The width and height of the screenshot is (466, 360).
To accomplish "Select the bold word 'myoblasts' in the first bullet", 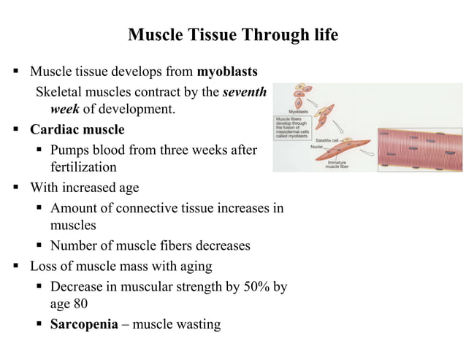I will point(226,72).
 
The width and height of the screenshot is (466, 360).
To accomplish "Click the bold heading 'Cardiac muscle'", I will point(77,130).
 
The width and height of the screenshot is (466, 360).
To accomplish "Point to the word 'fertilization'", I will point(83,167).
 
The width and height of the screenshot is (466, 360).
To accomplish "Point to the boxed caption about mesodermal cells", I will point(291,127).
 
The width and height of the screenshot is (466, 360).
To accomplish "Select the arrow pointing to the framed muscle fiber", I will point(370,154).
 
